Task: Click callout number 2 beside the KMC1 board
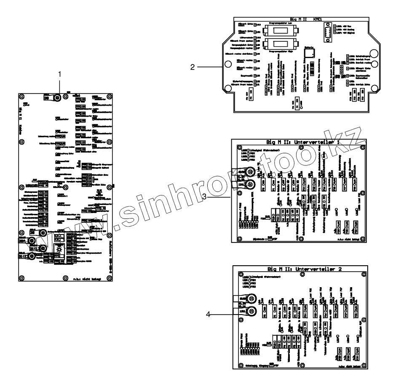(x=192, y=67)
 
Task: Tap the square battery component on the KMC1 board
(x=310, y=52)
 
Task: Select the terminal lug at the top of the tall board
(x=54, y=98)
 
